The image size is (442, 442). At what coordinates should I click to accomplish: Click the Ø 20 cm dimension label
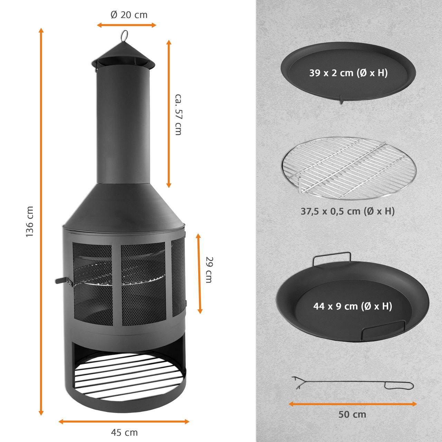point(129,15)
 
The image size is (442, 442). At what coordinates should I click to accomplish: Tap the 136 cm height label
point(30,221)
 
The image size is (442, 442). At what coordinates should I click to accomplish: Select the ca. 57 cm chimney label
point(178,114)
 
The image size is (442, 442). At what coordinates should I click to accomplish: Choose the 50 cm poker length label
point(352,414)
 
